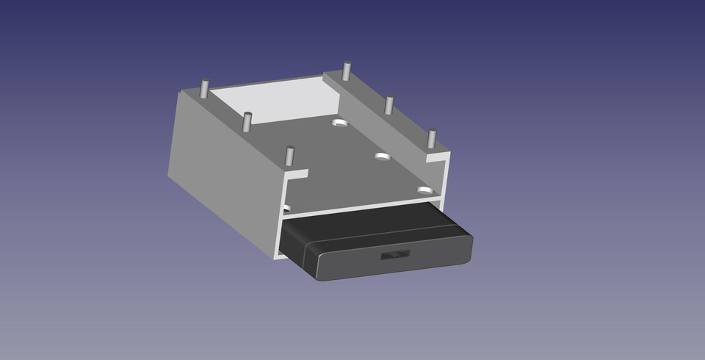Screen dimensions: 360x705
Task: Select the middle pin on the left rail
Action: pyautogui.click(x=247, y=120)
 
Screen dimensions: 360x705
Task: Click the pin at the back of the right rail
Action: pyautogui.click(x=346, y=71)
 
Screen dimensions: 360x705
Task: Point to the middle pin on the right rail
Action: pyautogui.click(x=388, y=104)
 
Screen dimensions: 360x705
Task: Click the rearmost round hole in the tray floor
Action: pyautogui.click(x=339, y=123)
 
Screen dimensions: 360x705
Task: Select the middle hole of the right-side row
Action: pyautogui.click(x=382, y=156)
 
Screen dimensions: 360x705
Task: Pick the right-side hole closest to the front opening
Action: pyautogui.click(x=425, y=190)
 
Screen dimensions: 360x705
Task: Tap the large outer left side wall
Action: pyautogui.click(x=220, y=176)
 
